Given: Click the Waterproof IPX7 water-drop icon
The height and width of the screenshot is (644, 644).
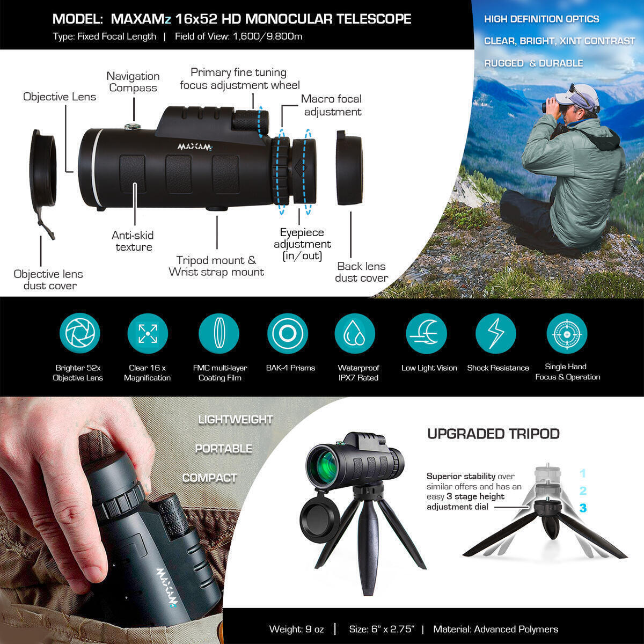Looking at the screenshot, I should coord(355,334).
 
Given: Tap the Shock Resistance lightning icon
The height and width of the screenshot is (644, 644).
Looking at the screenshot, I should coord(496,334).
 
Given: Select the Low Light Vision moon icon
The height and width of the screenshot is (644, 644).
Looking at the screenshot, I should coord(426,334).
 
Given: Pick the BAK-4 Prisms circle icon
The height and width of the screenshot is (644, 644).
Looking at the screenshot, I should coord(287,334).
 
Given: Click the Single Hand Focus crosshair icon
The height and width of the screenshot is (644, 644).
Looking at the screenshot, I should coord(567,334).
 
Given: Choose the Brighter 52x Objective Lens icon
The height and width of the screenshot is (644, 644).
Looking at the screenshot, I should coord(80,334).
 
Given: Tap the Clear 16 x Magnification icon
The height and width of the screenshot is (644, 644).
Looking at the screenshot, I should coord(148,334).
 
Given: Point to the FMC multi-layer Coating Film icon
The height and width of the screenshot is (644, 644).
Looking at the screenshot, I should coord(218,334).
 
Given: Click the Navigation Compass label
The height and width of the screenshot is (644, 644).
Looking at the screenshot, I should coord(133,82).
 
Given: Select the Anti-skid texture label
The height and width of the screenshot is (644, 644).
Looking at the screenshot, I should coord(133,241).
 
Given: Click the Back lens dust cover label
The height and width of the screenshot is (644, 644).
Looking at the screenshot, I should coord(361,272).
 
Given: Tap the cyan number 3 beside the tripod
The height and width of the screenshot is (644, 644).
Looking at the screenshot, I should coord(583,508).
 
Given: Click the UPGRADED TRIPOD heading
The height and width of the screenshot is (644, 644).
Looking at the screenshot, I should coord(493,434).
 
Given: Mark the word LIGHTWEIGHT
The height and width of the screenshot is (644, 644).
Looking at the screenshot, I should coord(236,420).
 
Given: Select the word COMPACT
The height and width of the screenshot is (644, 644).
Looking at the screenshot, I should coord(210,478).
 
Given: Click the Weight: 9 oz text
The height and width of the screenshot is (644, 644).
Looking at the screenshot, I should coord(297,629).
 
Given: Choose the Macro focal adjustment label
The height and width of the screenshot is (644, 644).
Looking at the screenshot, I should coord(332,105).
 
